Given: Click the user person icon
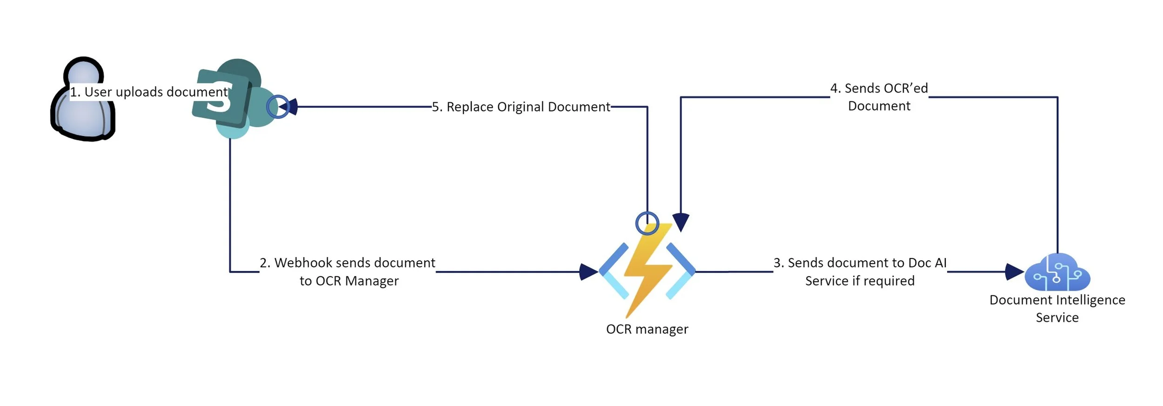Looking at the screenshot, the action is click(x=83, y=99).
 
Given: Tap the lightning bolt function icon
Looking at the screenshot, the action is click(x=647, y=271).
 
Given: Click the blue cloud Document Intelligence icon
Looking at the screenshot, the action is click(x=1057, y=272).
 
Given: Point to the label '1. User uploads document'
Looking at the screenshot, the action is click(x=149, y=92).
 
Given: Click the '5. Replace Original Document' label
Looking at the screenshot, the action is click(x=521, y=107).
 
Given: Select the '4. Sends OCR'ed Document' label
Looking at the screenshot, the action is click(x=879, y=97).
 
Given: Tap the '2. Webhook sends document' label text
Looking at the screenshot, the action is click(x=348, y=263).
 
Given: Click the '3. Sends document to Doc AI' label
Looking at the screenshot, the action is click(x=860, y=263).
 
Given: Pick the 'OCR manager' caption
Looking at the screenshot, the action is click(x=647, y=329).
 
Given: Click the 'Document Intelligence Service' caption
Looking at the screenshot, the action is click(x=1057, y=309).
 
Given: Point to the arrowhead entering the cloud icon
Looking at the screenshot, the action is click(x=1015, y=272).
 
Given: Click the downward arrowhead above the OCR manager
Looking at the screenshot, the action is click(x=681, y=222).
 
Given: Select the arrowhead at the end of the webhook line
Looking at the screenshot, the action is click(x=589, y=272).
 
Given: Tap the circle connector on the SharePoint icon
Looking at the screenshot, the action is click(x=278, y=106).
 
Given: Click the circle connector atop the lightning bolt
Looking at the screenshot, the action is click(x=647, y=223).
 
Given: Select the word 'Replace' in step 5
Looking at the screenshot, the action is click(x=470, y=107).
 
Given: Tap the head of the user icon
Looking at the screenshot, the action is click(x=84, y=74).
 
